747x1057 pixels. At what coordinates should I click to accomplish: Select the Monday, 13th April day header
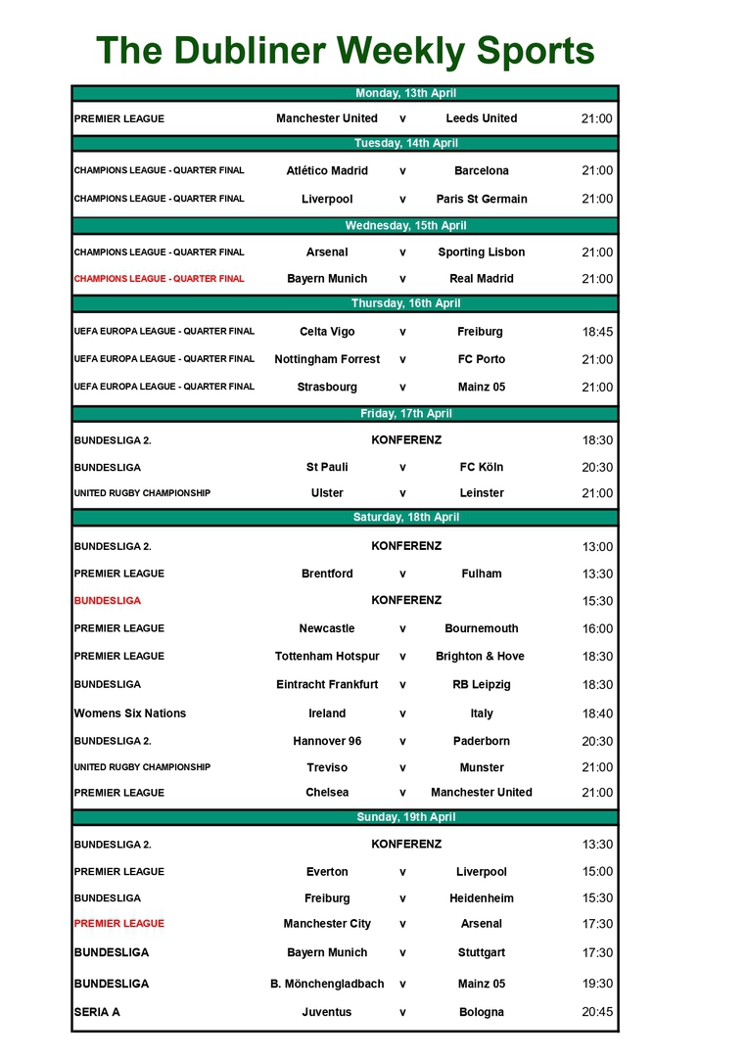(405, 94)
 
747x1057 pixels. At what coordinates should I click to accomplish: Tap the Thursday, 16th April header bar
(405, 303)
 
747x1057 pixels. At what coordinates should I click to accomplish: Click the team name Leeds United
(481, 118)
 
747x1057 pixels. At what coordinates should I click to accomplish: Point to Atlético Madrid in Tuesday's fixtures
(327, 170)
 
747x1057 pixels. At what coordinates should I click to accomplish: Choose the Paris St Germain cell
(481, 199)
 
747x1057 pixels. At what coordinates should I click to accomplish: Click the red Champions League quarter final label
(159, 279)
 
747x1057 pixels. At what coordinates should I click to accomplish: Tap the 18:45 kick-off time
(597, 332)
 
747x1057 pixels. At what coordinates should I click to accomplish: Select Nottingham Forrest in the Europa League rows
(327, 359)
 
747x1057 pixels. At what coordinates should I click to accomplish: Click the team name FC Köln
(481, 467)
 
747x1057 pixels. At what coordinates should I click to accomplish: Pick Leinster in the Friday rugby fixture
(481, 493)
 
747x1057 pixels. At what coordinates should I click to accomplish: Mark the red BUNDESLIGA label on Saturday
(107, 601)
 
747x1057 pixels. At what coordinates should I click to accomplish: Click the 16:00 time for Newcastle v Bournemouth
(597, 629)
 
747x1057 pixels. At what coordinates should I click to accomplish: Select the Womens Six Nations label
(129, 713)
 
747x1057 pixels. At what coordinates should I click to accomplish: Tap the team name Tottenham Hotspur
(327, 657)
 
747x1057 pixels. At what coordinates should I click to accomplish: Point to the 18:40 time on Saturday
(597, 714)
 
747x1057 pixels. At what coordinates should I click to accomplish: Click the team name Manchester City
(327, 924)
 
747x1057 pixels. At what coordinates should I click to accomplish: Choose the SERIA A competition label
(96, 1012)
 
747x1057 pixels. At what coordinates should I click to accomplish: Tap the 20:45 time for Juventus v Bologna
(597, 1012)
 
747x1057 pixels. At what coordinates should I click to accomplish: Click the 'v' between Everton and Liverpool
(402, 872)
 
